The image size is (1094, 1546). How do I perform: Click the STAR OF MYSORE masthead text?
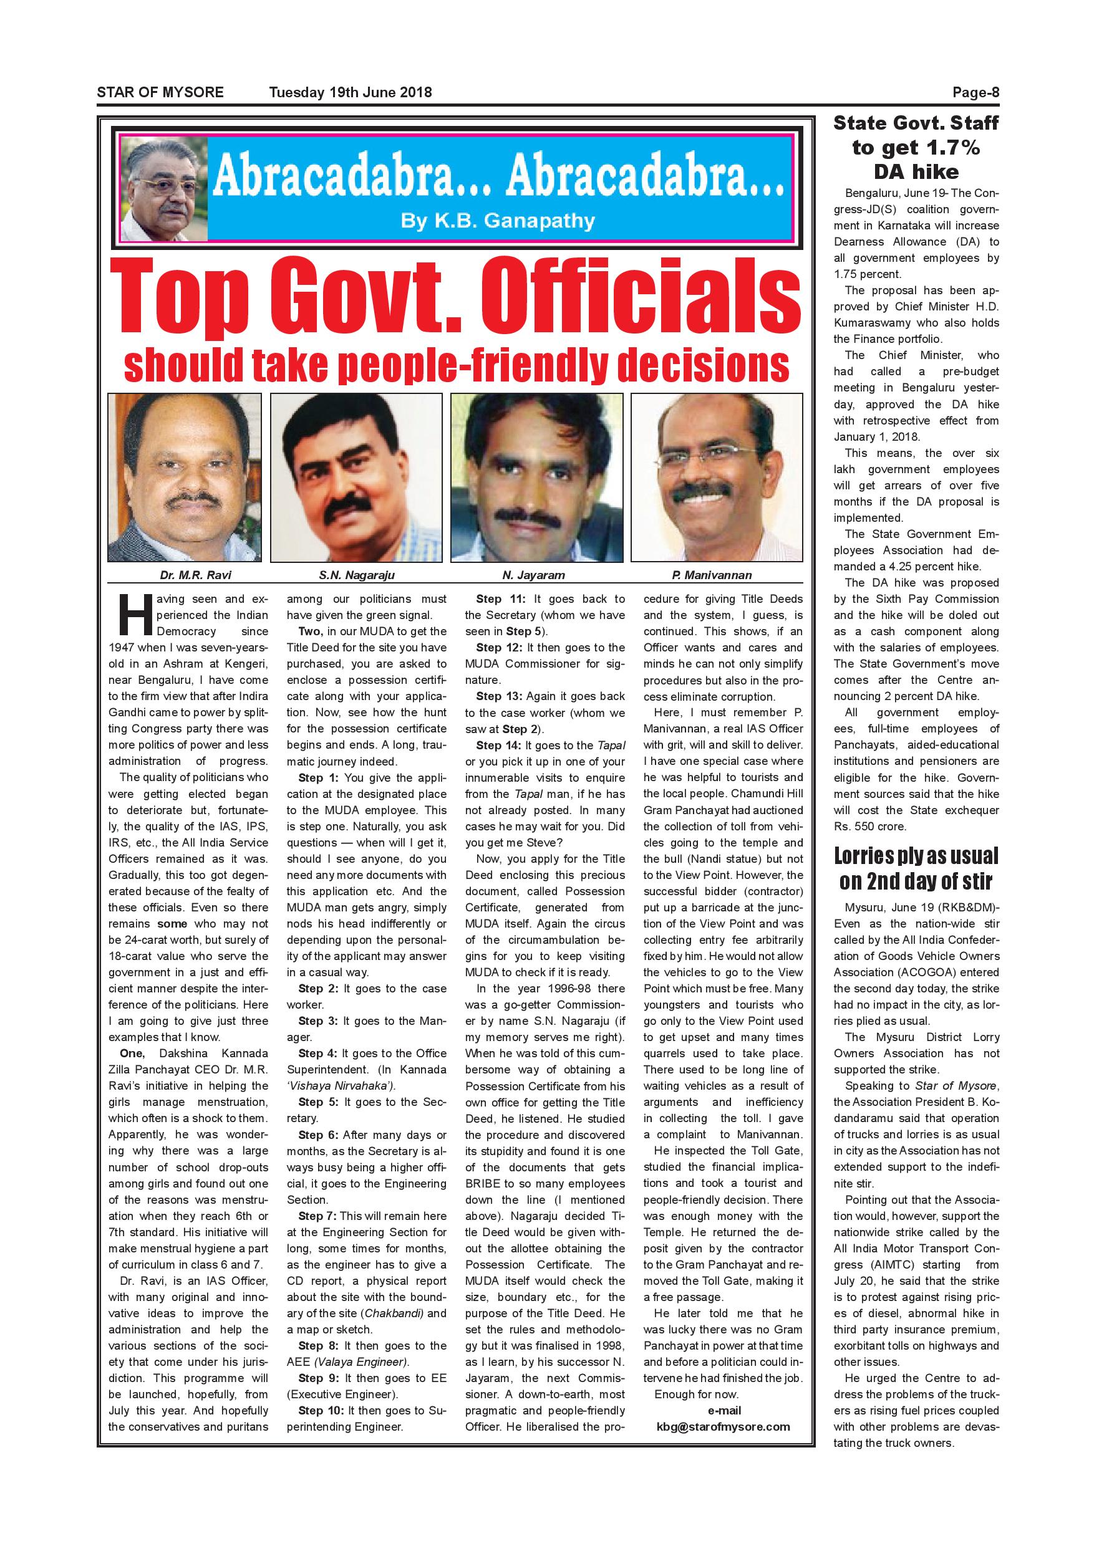[160, 92]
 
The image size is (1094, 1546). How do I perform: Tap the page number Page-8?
[975, 93]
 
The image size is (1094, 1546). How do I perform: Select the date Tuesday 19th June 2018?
[351, 92]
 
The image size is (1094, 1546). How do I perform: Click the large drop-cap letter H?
[132, 614]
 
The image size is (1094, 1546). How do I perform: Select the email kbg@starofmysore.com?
[723, 1426]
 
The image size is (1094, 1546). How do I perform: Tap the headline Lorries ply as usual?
[916, 856]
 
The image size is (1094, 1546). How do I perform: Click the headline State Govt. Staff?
[916, 123]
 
